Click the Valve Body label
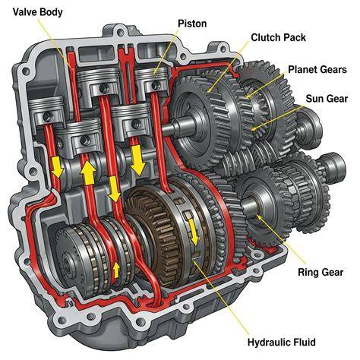pyautogui.click(x=37, y=12)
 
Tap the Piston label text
pyautogui.click(x=192, y=24)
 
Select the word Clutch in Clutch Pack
pyautogui.click(x=266, y=37)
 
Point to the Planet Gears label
pyautogui.click(x=317, y=69)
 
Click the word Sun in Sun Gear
pyautogui.click(x=314, y=99)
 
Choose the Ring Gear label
pyautogui.click(x=321, y=273)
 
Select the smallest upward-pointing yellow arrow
pyautogui.click(x=116, y=270)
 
